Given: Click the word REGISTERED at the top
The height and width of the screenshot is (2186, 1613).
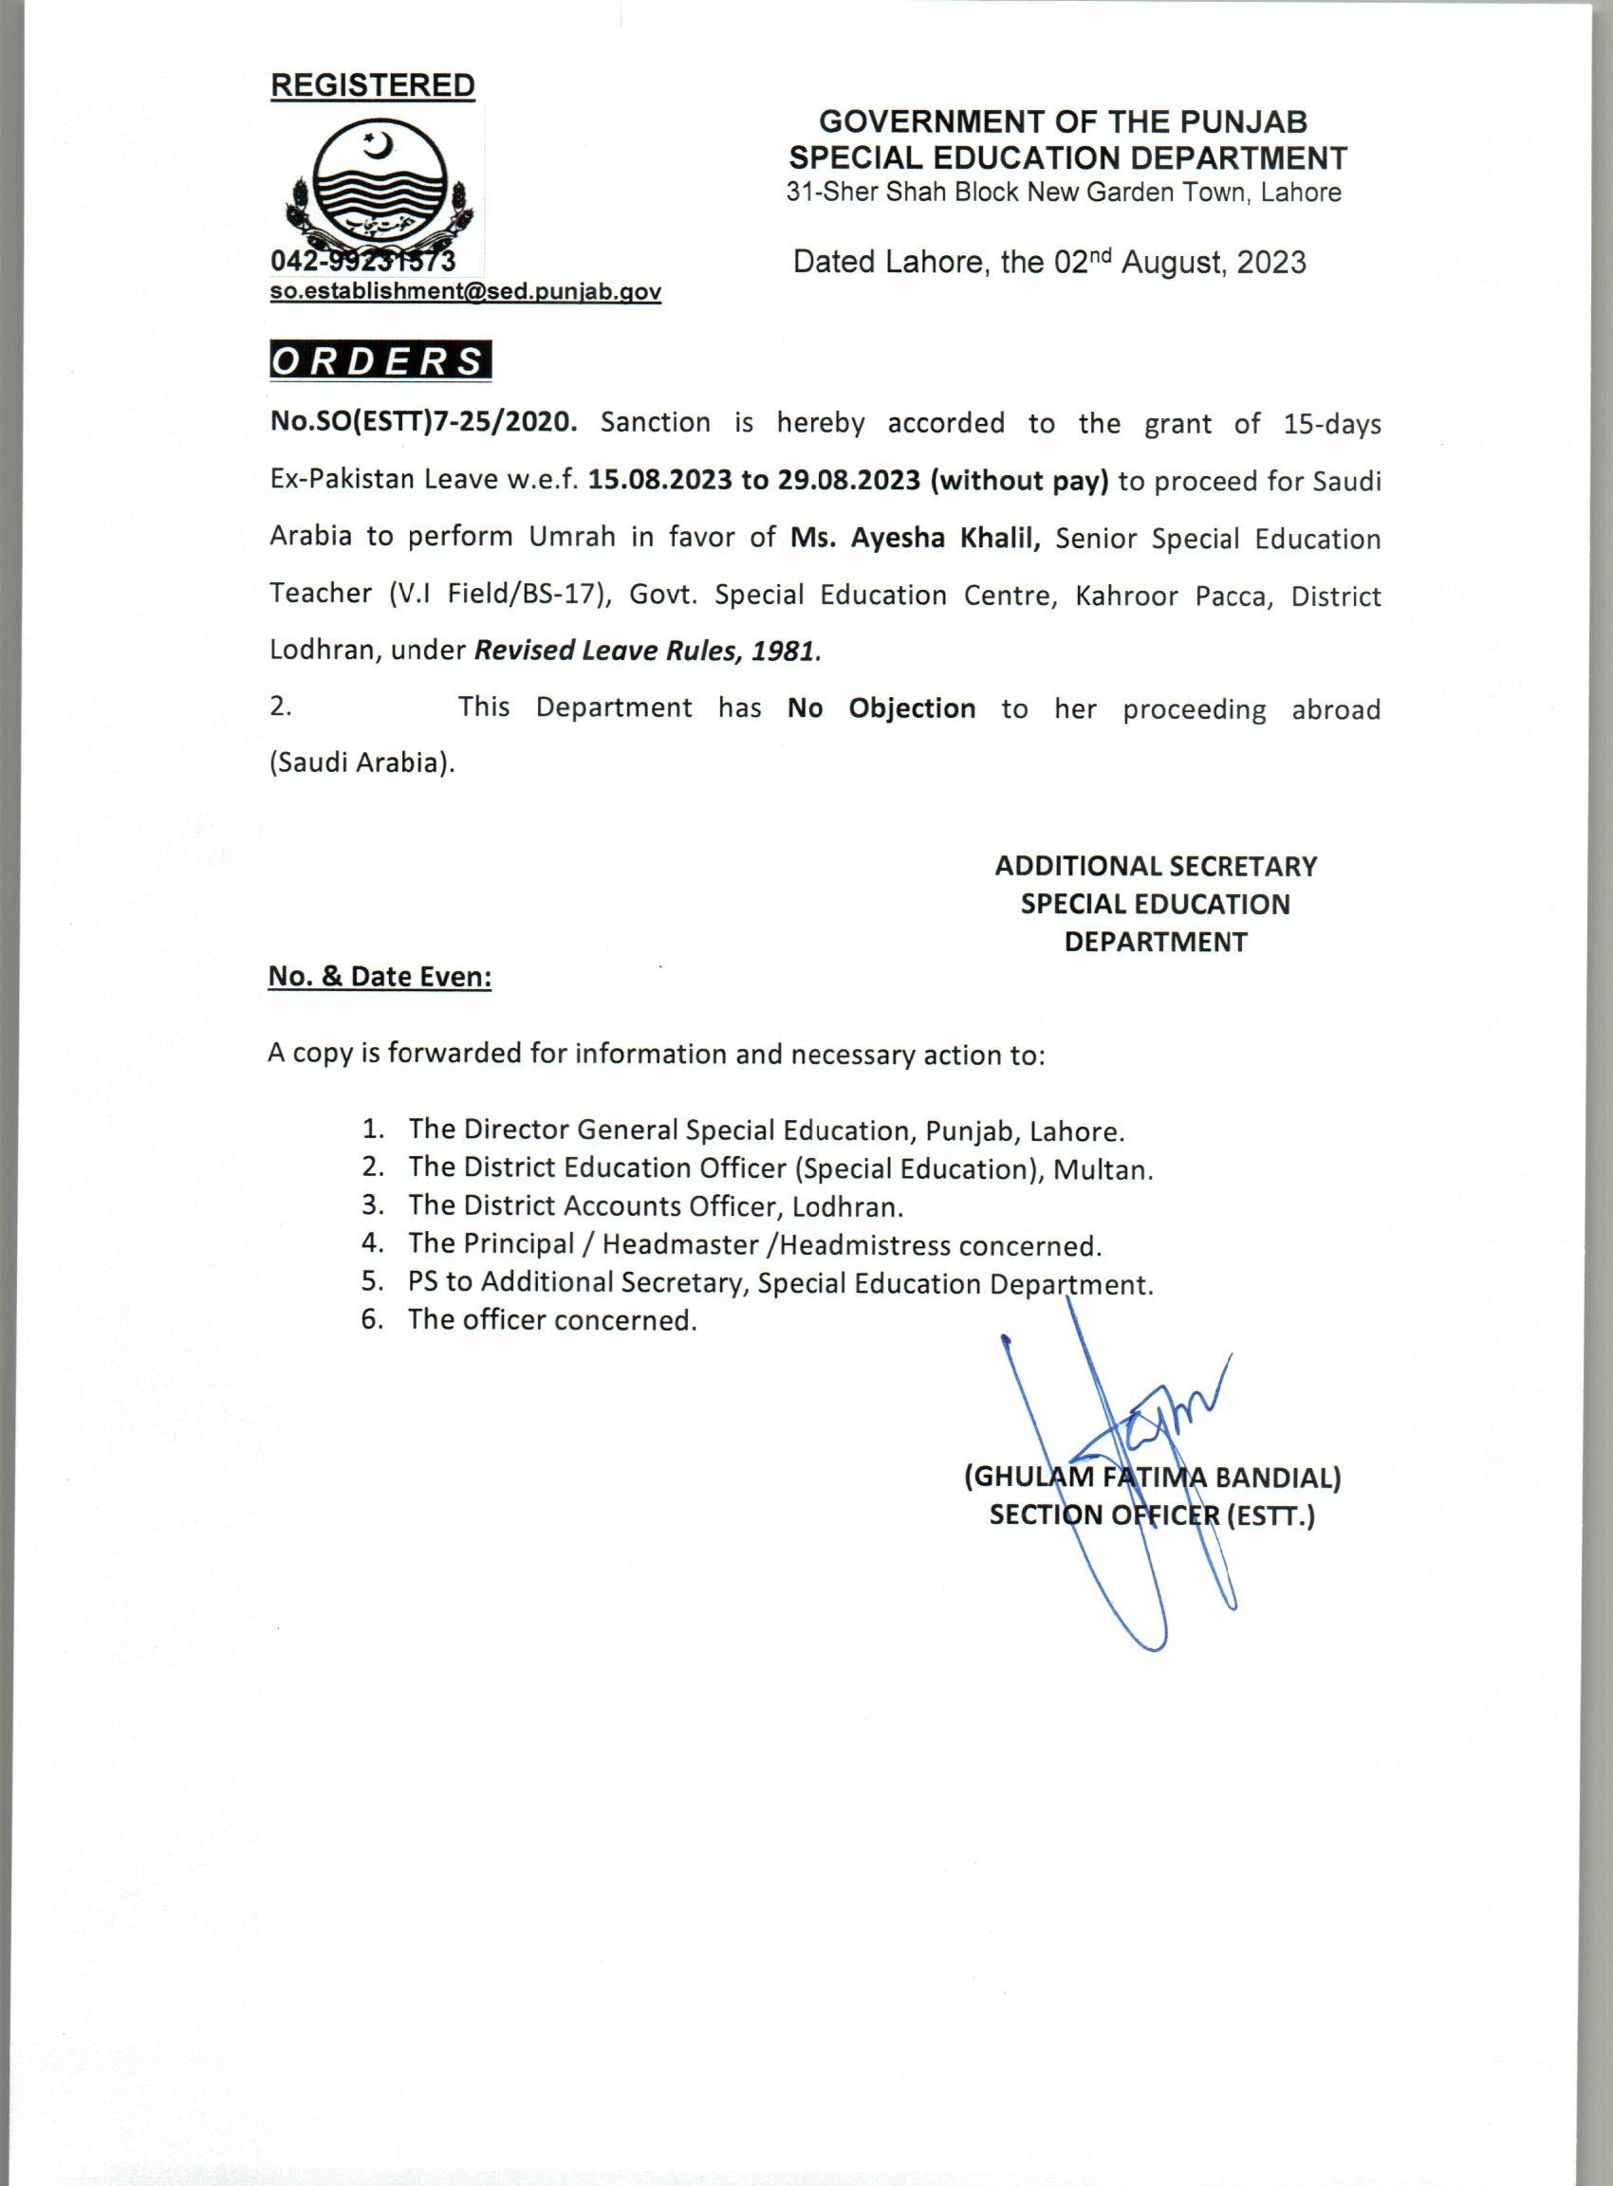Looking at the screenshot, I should [372, 86].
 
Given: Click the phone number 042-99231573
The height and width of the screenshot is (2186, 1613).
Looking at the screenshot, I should [362, 263].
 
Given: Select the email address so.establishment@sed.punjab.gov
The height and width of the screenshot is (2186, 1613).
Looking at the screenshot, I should [466, 292].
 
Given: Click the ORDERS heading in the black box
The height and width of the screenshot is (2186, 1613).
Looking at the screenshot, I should [379, 362].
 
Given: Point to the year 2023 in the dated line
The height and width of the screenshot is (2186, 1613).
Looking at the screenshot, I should [1270, 263].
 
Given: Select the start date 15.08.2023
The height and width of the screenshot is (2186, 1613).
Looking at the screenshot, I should [661, 482].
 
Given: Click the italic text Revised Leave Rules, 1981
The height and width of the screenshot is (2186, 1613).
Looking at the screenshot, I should [646, 651].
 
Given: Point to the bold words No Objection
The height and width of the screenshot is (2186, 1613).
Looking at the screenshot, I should [881, 707].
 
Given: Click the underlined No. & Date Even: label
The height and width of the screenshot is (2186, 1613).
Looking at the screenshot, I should [380, 977].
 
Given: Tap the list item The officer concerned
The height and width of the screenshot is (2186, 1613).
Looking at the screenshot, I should [552, 1320].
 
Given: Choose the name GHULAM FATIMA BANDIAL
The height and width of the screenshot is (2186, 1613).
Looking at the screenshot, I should [1152, 1478].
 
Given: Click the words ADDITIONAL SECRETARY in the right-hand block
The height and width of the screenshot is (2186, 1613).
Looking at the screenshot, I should [1155, 866].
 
